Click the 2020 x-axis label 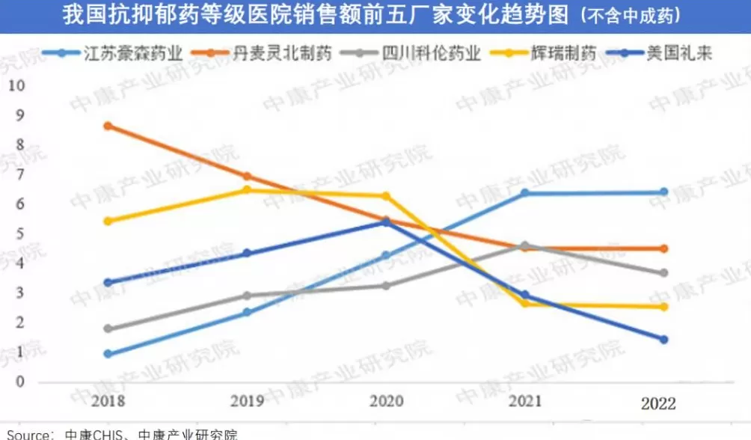point(386,401)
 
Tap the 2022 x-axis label point(657,404)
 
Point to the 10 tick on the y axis point(16,85)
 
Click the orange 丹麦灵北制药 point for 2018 point(108,126)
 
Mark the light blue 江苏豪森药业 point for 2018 point(108,354)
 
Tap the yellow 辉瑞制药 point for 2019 point(247,190)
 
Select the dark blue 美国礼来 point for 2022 point(663,339)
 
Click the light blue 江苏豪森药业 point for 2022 point(663,192)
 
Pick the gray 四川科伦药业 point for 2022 point(663,273)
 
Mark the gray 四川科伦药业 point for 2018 point(108,329)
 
